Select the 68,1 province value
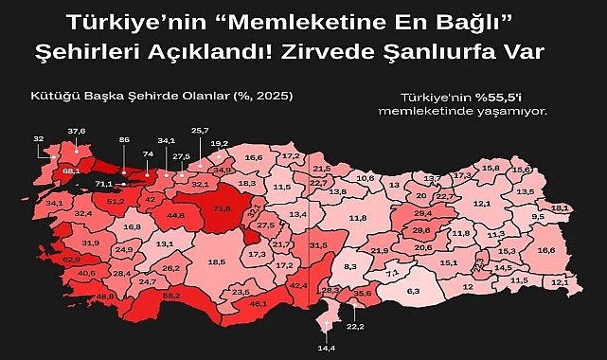pos(70,171)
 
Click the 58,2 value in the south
pos(171,297)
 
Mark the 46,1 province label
pos(258,303)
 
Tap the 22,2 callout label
pos(355,326)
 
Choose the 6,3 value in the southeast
pos(412,292)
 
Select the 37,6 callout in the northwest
pos(76,131)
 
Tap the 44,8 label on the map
pos(175,215)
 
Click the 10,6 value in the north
pos(365,177)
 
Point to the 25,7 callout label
pos(200,130)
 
